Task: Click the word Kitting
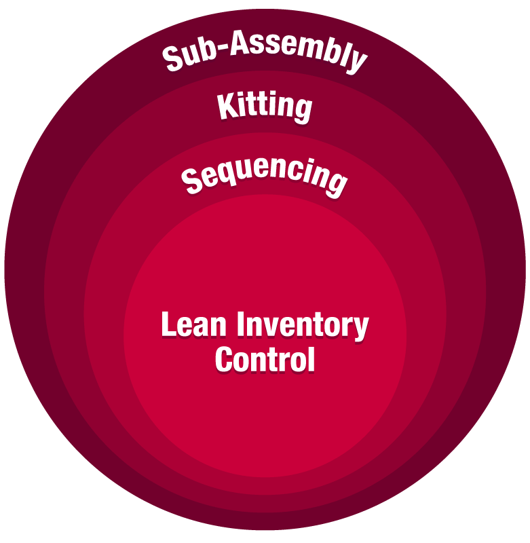[265, 107]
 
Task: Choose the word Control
[265, 360]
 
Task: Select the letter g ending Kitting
[303, 110]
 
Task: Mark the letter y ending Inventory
[360, 329]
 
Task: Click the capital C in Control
[224, 360]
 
